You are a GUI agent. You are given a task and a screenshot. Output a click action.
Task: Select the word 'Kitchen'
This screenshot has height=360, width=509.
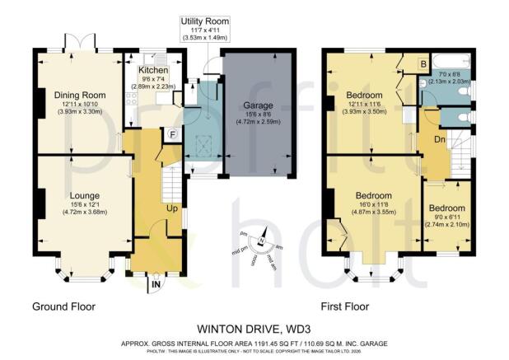(153, 71)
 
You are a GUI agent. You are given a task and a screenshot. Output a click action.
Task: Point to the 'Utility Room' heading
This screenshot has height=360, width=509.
(206, 19)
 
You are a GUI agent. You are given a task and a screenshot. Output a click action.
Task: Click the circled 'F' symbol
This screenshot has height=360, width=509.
(171, 134)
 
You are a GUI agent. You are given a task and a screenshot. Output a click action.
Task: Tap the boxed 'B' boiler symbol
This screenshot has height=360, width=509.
(423, 63)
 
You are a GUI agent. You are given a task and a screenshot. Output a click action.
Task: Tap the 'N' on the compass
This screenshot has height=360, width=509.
(261, 241)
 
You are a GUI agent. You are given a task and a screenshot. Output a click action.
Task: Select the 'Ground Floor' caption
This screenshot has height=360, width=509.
(63, 306)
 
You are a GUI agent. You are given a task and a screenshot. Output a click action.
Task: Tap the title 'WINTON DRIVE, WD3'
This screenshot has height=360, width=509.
(254, 326)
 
